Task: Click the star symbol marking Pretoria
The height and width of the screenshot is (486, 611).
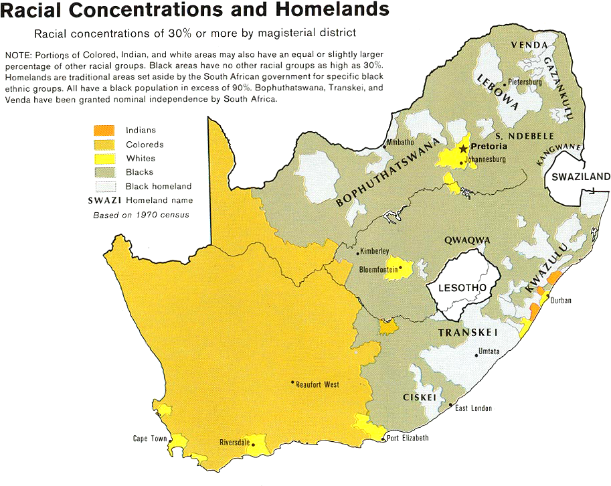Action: click(x=462, y=147)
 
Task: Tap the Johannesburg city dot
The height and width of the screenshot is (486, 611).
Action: click(x=462, y=159)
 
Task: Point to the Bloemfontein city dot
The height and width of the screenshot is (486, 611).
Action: click(x=400, y=270)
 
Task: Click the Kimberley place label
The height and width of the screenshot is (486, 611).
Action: click(x=375, y=252)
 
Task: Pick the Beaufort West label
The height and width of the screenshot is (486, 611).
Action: click(x=317, y=384)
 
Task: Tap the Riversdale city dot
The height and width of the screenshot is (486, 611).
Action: click(x=254, y=444)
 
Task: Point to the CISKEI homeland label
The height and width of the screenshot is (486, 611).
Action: click(x=420, y=398)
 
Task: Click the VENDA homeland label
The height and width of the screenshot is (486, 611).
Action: click(x=525, y=45)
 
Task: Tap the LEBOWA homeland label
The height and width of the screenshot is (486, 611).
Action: click(x=497, y=90)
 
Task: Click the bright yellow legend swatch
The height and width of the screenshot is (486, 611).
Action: click(x=104, y=159)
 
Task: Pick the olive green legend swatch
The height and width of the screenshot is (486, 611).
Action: click(x=104, y=173)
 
